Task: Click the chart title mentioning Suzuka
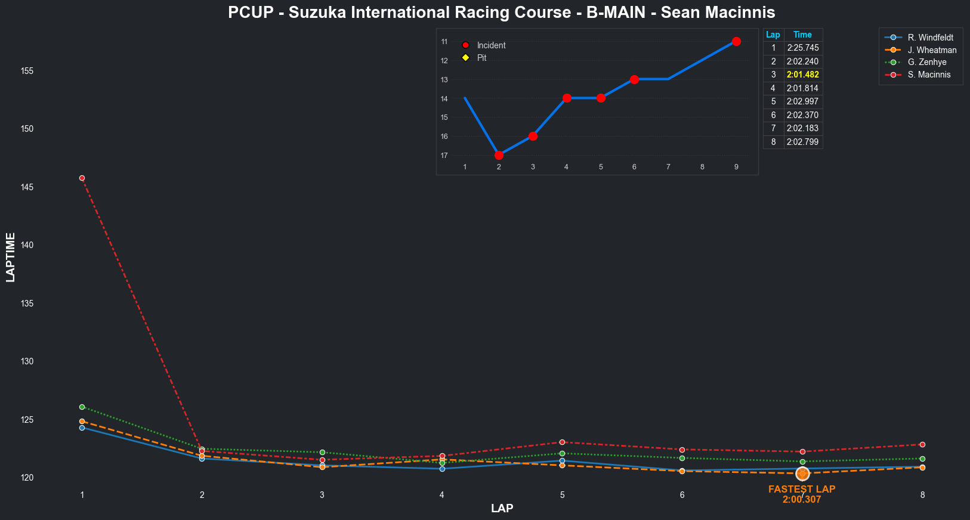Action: click(x=502, y=13)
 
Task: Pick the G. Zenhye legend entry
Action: click(x=926, y=62)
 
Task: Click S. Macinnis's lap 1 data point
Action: click(x=82, y=178)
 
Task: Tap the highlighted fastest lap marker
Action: click(x=802, y=473)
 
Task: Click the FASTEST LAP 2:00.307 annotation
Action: click(x=802, y=494)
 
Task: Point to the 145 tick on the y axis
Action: click(x=27, y=187)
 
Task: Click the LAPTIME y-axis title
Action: click(x=10, y=257)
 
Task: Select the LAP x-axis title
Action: click(x=502, y=508)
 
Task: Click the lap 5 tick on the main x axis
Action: click(x=562, y=495)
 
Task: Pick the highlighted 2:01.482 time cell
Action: click(x=802, y=75)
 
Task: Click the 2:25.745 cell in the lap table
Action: click(x=802, y=48)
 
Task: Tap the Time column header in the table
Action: click(x=802, y=35)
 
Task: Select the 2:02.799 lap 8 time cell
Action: click(x=802, y=142)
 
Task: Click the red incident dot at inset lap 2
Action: click(x=499, y=155)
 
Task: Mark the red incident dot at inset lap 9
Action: click(x=736, y=41)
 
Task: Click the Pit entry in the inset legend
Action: click(x=481, y=58)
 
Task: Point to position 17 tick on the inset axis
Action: click(x=444, y=156)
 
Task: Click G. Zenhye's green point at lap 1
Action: click(x=82, y=407)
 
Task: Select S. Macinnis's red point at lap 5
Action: click(x=562, y=442)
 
